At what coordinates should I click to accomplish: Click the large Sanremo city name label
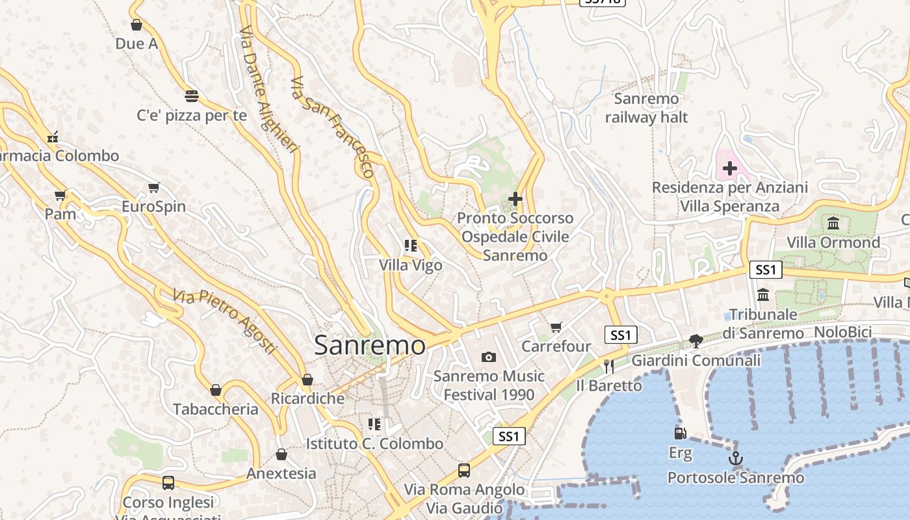(x=369, y=344)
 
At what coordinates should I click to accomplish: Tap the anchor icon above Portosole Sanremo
(x=735, y=459)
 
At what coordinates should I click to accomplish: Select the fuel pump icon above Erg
(x=680, y=433)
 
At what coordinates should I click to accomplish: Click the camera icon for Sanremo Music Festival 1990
(x=489, y=357)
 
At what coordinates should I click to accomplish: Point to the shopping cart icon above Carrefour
(x=556, y=327)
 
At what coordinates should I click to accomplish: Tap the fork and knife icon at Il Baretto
(x=608, y=366)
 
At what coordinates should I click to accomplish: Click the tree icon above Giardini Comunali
(x=695, y=341)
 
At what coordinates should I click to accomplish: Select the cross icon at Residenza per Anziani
(x=729, y=168)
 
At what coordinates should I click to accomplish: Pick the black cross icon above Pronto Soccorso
(x=515, y=198)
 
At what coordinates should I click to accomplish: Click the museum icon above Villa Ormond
(x=833, y=224)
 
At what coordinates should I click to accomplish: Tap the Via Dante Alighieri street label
(x=268, y=90)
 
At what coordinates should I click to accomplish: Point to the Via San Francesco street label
(x=332, y=127)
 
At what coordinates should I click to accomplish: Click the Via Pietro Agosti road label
(x=225, y=320)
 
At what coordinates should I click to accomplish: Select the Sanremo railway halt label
(x=646, y=108)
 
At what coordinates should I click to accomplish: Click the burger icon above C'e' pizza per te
(x=191, y=96)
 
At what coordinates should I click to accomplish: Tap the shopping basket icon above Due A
(x=136, y=25)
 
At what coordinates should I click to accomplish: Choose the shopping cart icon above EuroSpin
(x=154, y=188)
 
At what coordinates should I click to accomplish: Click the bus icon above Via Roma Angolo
(x=464, y=470)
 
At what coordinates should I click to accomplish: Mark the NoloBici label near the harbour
(x=842, y=332)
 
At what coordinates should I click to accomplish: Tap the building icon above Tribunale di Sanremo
(x=763, y=294)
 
